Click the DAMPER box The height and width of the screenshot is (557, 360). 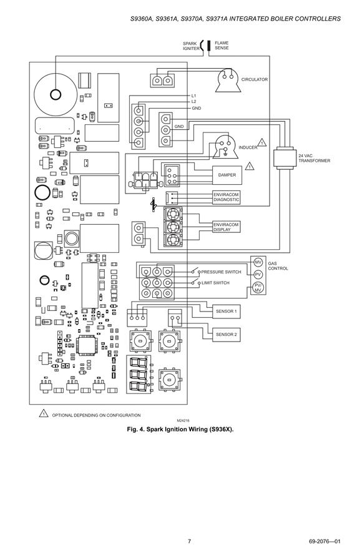pyautogui.click(x=227, y=175)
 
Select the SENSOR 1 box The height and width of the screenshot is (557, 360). pyautogui.click(x=226, y=311)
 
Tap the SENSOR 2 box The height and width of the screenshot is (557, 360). pyautogui.click(x=226, y=335)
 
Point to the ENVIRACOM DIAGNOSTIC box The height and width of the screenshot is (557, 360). pyautogui.click(x=226, y=197)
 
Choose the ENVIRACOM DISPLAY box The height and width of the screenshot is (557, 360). pyautogui.click(x=226, y=227)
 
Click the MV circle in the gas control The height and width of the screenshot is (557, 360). pyautogui.click(x=258, y=262)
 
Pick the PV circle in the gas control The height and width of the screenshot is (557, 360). pyautogui.click(x=258, y=275)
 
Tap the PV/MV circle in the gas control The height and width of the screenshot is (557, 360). pyautogui.click(x=258, y=288)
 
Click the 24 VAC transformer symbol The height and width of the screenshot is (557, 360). pyautogui.click(x=283, y=158)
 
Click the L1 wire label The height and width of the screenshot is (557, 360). pyautogui.click(x=193, y=96)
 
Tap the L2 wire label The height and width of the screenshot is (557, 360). pyautogui.click(x=193, y=102)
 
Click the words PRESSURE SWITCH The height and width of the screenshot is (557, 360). pyautogui.click(x=221, y=272)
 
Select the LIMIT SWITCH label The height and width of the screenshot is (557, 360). pyautogui.click(x=215, y=283)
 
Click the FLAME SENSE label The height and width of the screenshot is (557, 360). pyautogui.click(x=221, y=45)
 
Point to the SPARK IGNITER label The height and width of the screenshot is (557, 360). pyautogui.click(x=191, y=46)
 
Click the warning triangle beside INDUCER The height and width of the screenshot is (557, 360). pyautogui.click(x=261, y=142)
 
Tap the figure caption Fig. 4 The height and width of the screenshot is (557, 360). pyautogui.click(x=180, y=430)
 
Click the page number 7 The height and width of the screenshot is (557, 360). pyautogui.click(x=189, y=541)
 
